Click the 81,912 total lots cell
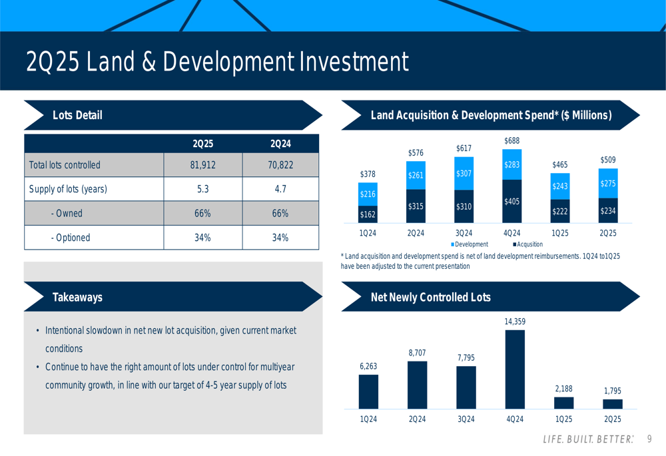(x=202, y=164)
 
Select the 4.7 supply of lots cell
(x=280, y=189)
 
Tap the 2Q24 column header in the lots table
(x=280, y=144)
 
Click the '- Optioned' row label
(x=71, y=238)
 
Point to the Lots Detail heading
(x=77, y=115)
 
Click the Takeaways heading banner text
(x=77, y=298)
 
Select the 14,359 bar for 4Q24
(x=515, y=369)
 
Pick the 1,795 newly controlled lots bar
(x=613, y=404)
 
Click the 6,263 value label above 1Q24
(x=368, y=366)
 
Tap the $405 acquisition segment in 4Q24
(x=512, y=201)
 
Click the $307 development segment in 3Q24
(x=464, y=174)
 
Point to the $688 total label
(x=511, y=140)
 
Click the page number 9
(x=649, y=439)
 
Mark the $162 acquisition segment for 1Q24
(x=368, y=214)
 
